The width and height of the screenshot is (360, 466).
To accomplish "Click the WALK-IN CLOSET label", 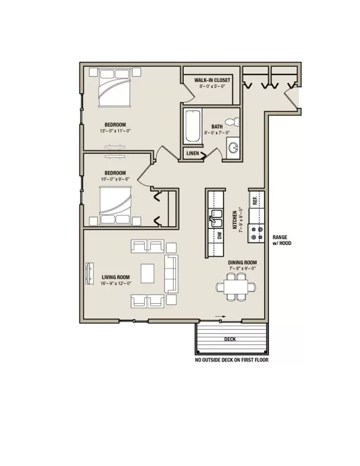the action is (212, 80).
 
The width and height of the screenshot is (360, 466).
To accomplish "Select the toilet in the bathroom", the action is (232, 122).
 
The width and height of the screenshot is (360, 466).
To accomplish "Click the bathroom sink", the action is (233, 148).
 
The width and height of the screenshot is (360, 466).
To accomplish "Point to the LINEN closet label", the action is (192, 153).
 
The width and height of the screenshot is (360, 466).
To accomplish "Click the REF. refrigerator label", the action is (255, 201).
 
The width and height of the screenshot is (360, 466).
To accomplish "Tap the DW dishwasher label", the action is (220, 236).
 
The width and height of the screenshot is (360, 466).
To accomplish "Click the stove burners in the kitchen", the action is (257, 233).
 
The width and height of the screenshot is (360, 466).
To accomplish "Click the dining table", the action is (236, 287).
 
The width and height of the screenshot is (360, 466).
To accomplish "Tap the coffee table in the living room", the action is (147, 274).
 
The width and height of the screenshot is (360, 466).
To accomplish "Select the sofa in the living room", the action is (172, 274).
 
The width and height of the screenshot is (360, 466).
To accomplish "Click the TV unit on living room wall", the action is (89, 274).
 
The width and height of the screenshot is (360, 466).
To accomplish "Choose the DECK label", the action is (230, 339).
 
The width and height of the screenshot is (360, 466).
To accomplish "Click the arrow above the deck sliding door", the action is (220, 317).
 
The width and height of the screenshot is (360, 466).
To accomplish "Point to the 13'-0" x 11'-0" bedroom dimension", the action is (115, 131).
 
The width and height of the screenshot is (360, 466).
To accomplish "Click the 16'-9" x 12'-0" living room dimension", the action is (116, 283).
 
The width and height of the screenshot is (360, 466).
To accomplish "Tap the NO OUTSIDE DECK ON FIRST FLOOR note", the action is (232, 360).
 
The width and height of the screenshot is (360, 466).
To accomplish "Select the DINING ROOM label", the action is (242, 262).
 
